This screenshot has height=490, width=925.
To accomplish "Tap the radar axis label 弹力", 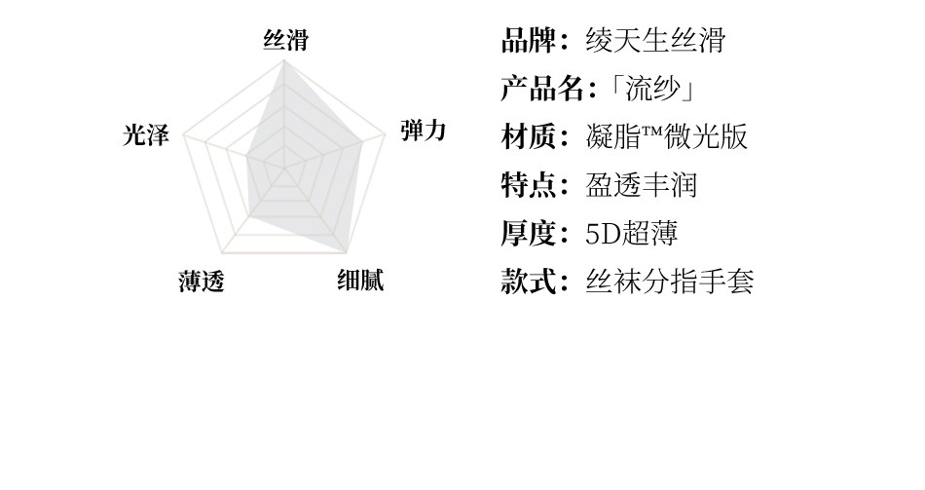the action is [x=424, y=131].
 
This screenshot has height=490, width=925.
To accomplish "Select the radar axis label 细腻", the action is [x=360, y=281].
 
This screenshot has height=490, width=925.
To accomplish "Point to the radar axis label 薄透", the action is [x=202, y=283].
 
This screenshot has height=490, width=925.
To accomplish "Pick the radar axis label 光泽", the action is [x=146, y=135].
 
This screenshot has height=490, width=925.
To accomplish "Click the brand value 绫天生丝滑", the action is [x=655, y=41].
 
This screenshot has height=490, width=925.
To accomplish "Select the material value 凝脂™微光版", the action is [x=667, y=137].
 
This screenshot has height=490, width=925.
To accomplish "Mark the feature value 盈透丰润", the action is [x=642, y=185].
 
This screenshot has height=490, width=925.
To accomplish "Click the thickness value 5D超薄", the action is [x=631, y=234].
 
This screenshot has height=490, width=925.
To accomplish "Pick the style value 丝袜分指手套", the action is [x=670, y=283].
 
